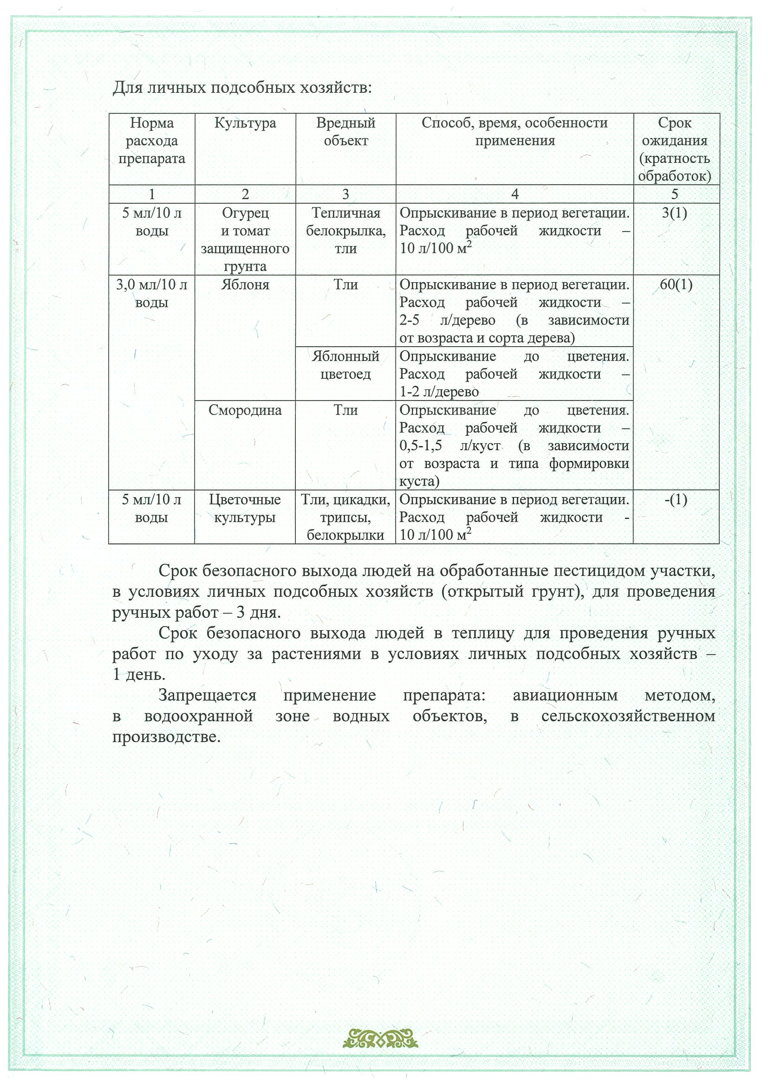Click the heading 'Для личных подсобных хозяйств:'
tap(242, 88)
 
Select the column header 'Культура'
tap(245, 123)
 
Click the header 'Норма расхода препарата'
tap(151, 141)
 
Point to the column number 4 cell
tap(514, 194)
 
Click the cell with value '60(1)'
tap(676, 285)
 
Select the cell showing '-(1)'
tap(676, 499)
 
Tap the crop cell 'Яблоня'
tap(245, 285)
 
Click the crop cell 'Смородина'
tap(245, 410)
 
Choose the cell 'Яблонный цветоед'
tap(345, 365)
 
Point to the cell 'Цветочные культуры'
tap(245, 509)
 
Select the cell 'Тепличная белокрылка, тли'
tap(345, 231)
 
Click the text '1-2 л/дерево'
tap(439, 392)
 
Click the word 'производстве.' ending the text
tap(166, 737)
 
